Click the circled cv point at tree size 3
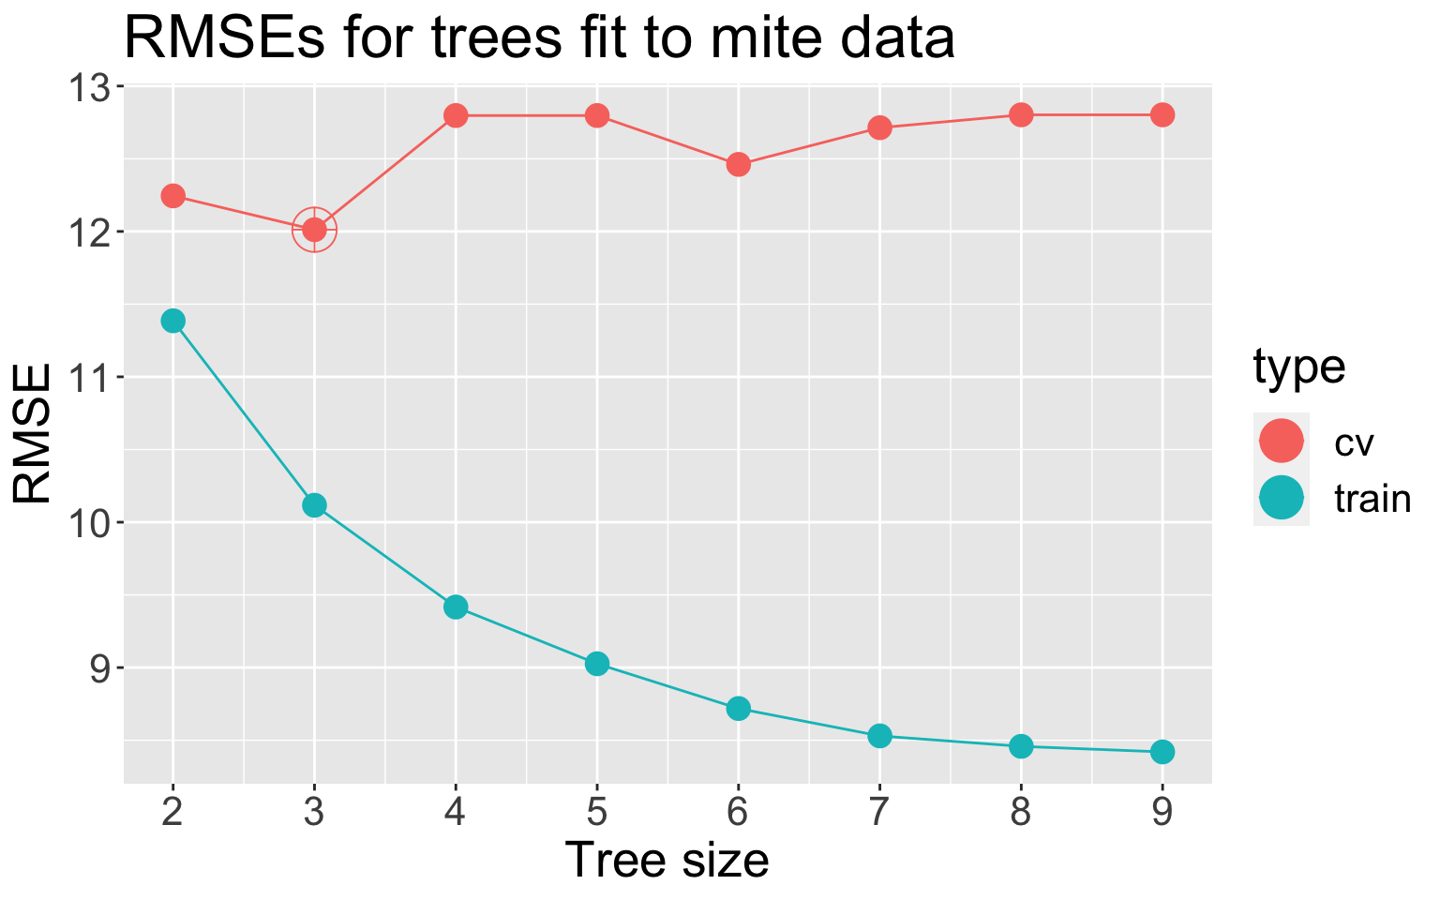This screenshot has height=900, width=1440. coord(314,230)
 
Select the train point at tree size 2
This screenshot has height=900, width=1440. coord(172,321)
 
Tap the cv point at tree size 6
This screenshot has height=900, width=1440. coord(738,165)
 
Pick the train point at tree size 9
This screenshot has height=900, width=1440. coord(1162,751)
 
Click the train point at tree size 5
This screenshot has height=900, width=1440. coord(597,664)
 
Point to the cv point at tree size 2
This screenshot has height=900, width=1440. coord(172,195)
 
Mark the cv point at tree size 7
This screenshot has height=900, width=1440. coord(879,127)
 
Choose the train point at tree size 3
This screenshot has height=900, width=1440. coord(314,505)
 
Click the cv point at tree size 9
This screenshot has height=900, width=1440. coord(1162,114)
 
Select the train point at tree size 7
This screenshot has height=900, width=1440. coord(879,736)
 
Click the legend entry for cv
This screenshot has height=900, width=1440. coord(1354,442)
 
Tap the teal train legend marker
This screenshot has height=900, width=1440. coord(1282,498)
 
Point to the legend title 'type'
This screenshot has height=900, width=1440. coord(1299,367)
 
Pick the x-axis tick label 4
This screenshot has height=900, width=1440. coord(456,813)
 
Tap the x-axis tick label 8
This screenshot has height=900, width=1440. coord(1021,813)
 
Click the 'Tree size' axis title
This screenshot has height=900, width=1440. coord(667,860)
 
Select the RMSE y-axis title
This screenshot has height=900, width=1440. coord(34,434)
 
